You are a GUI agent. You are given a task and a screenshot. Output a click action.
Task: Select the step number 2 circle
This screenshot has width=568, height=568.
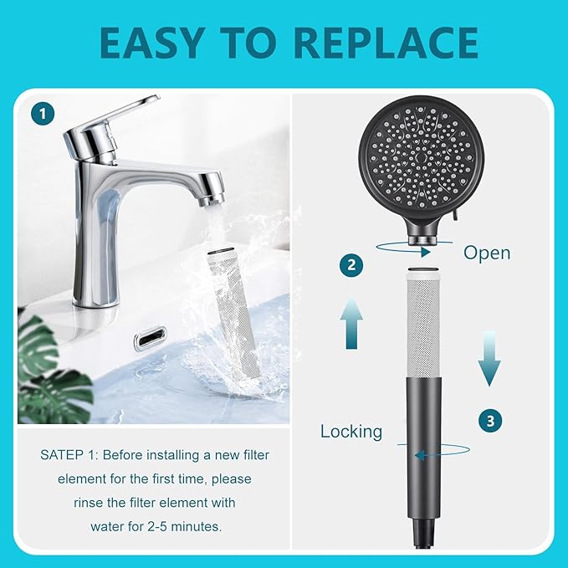pyautogui.click(x=352, y=266)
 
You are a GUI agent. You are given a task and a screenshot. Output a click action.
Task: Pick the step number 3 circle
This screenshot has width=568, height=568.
pyautogui.click(x=490, y=421)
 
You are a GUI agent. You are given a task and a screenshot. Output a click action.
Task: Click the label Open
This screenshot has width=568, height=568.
pyautogui.click(x=487, y=252)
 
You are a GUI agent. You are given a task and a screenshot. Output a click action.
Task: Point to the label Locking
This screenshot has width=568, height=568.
pyautogui.click(x=351, y=432)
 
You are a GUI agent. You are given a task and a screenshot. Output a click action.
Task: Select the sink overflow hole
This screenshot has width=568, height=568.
pyautogui.click(x=150, y=338)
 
